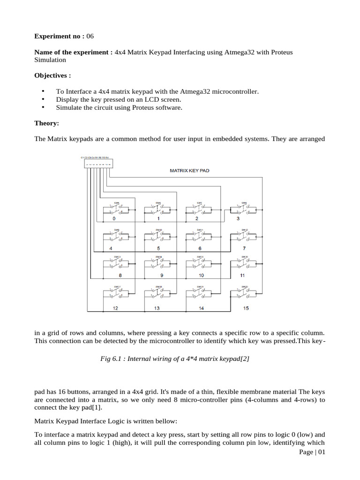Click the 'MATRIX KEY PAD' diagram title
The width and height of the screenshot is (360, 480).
tap(189, 171)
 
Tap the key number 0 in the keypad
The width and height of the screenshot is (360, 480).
tap(113, 218)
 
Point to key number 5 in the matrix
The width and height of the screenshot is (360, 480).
tap(158, 248)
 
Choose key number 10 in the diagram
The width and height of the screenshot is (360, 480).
tap(201, 275)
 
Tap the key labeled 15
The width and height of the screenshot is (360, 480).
tap(246, 308)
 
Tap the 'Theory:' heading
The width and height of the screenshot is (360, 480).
tap(47, 123)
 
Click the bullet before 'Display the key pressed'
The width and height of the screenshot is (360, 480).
tap(43, 99)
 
